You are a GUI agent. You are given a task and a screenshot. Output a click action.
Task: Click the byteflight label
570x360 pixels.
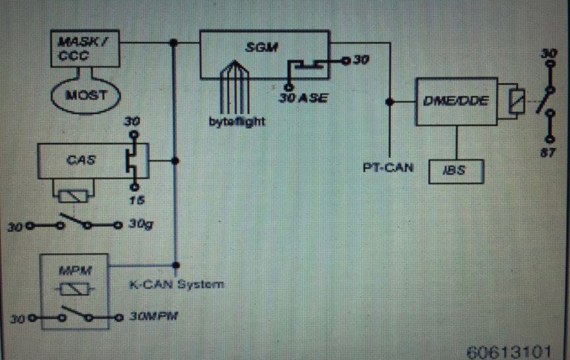(237, 122)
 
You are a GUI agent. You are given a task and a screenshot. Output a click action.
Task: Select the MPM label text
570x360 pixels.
(74, 271)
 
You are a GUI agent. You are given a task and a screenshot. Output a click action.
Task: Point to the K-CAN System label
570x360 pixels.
(176, 284)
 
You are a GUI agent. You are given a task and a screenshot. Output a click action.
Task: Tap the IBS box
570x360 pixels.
(457, 171)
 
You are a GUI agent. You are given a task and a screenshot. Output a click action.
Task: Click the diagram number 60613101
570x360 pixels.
(509, 352)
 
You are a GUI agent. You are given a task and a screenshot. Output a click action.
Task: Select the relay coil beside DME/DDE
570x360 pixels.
(517, 101)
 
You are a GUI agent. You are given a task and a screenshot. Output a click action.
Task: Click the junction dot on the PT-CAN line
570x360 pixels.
(390, 102)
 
